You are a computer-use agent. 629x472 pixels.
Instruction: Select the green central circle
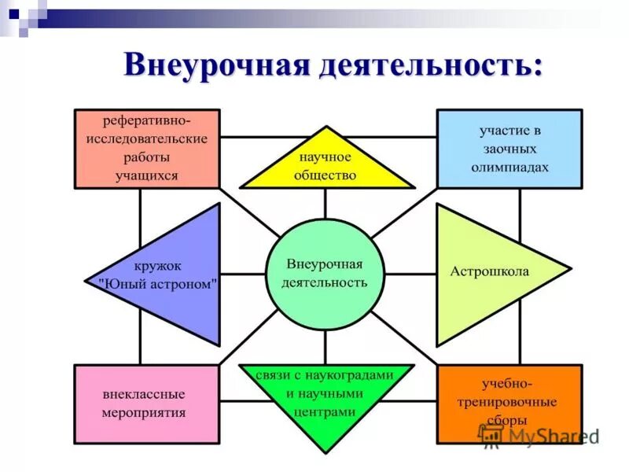point(326,273)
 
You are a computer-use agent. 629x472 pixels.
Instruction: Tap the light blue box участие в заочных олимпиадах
point(509,149)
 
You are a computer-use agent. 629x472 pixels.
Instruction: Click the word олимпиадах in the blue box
point(509,168)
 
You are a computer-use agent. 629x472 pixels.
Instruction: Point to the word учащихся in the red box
point(146,175)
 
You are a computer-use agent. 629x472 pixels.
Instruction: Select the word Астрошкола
point(489,271)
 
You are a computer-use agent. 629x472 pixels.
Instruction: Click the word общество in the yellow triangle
point(326,175)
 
